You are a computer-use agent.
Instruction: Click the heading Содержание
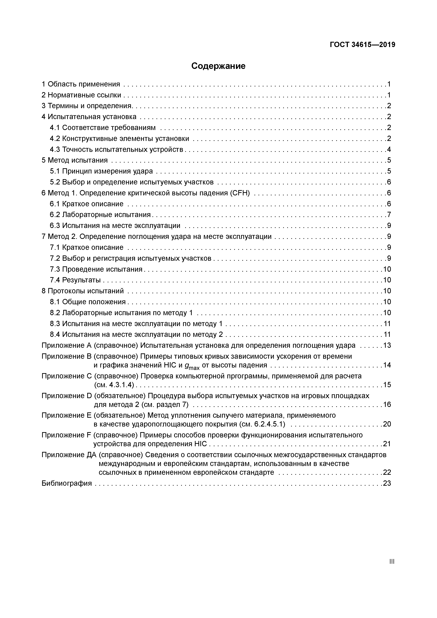(x=218, y=66)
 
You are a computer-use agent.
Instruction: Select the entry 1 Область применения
(x=81, y=84)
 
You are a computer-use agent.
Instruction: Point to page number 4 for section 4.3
(x=389, y=149)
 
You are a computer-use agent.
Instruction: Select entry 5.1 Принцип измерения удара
(x=101, y=171)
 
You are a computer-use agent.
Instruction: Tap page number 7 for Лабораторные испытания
(x=389, y=215)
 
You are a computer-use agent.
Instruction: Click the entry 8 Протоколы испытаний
(x=83, y=291)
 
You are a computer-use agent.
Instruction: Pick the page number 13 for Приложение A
(x=387, y=345)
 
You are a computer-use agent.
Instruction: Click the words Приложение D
(x=67, y=396)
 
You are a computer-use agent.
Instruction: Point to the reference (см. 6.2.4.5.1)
(x=262, y=424)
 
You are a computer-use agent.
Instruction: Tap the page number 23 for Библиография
(x=387, y=483)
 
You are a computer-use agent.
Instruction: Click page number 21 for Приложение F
(x=387, y=444)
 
